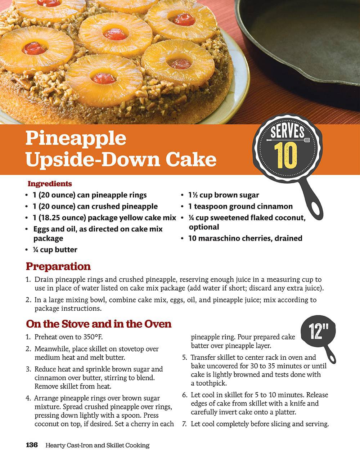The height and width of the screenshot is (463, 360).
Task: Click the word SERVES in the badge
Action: point(287,132)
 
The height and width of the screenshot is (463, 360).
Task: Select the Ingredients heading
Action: point(50,184)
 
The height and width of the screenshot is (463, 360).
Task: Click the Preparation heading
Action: point(58,266)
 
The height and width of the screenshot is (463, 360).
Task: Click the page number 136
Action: point(32,445)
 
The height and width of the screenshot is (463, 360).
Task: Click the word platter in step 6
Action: point(285,412)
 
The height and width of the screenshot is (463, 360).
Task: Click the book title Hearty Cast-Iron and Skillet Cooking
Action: point(98,445)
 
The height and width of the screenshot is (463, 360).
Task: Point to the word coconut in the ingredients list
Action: point(290,218)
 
